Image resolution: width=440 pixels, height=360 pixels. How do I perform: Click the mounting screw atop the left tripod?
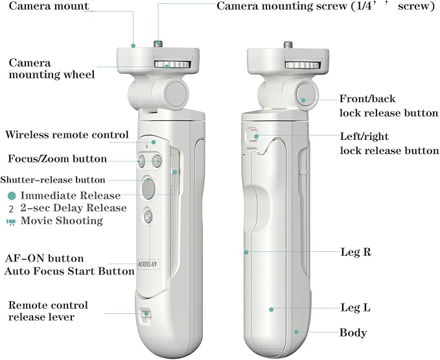(x=158, y=43)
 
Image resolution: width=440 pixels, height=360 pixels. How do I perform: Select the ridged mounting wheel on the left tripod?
(x=168, y=65)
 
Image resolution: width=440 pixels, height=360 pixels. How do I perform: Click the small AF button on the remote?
(x=148, y=217)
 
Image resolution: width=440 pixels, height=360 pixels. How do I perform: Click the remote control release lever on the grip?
(x=145, y=315)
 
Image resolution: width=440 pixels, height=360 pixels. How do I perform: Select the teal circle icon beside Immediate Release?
(x=12, y=196)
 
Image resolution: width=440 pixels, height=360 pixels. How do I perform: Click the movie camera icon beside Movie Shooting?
(x=12, y=221)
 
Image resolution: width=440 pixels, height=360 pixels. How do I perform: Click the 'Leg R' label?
(x=355, y=251)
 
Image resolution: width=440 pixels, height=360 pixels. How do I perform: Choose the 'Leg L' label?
(x=355, y=308)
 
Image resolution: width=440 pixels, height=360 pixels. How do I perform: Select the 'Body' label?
(x=353, y=333)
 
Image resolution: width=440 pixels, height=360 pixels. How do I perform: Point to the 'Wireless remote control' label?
(x=67, y=135)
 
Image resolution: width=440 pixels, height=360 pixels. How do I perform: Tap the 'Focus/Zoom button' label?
(x=57, y=159)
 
